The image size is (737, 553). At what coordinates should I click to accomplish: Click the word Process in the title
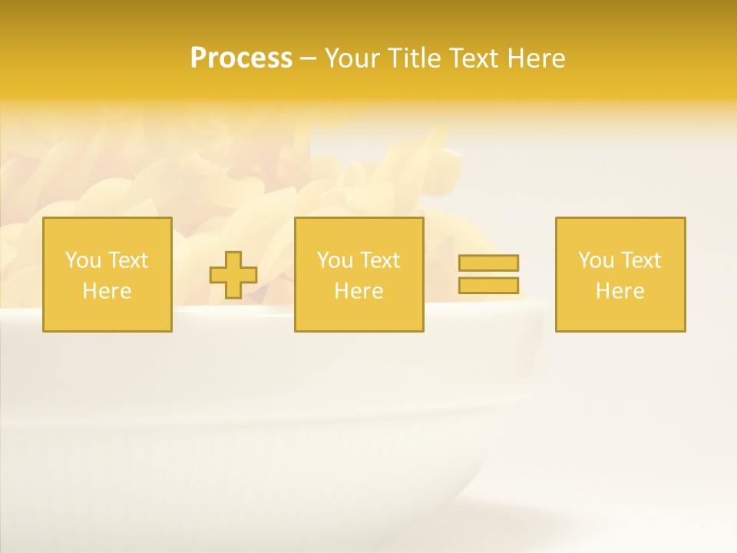241,58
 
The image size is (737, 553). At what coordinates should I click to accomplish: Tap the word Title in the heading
410,58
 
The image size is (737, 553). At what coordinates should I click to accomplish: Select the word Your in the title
352,58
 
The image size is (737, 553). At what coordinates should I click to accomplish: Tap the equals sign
488,274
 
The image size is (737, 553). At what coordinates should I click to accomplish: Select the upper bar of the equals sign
488,263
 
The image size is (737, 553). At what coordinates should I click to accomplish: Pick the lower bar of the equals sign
488,285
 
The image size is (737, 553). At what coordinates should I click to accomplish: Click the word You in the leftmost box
83,260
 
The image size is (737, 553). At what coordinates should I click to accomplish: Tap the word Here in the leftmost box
107,291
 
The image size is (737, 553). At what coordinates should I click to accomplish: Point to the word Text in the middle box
380,260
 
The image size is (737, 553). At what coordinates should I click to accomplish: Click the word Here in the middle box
359,291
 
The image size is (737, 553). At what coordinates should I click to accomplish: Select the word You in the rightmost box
596,260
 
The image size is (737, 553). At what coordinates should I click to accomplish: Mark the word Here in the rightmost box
620,291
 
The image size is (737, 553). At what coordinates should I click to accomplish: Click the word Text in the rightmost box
641,260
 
